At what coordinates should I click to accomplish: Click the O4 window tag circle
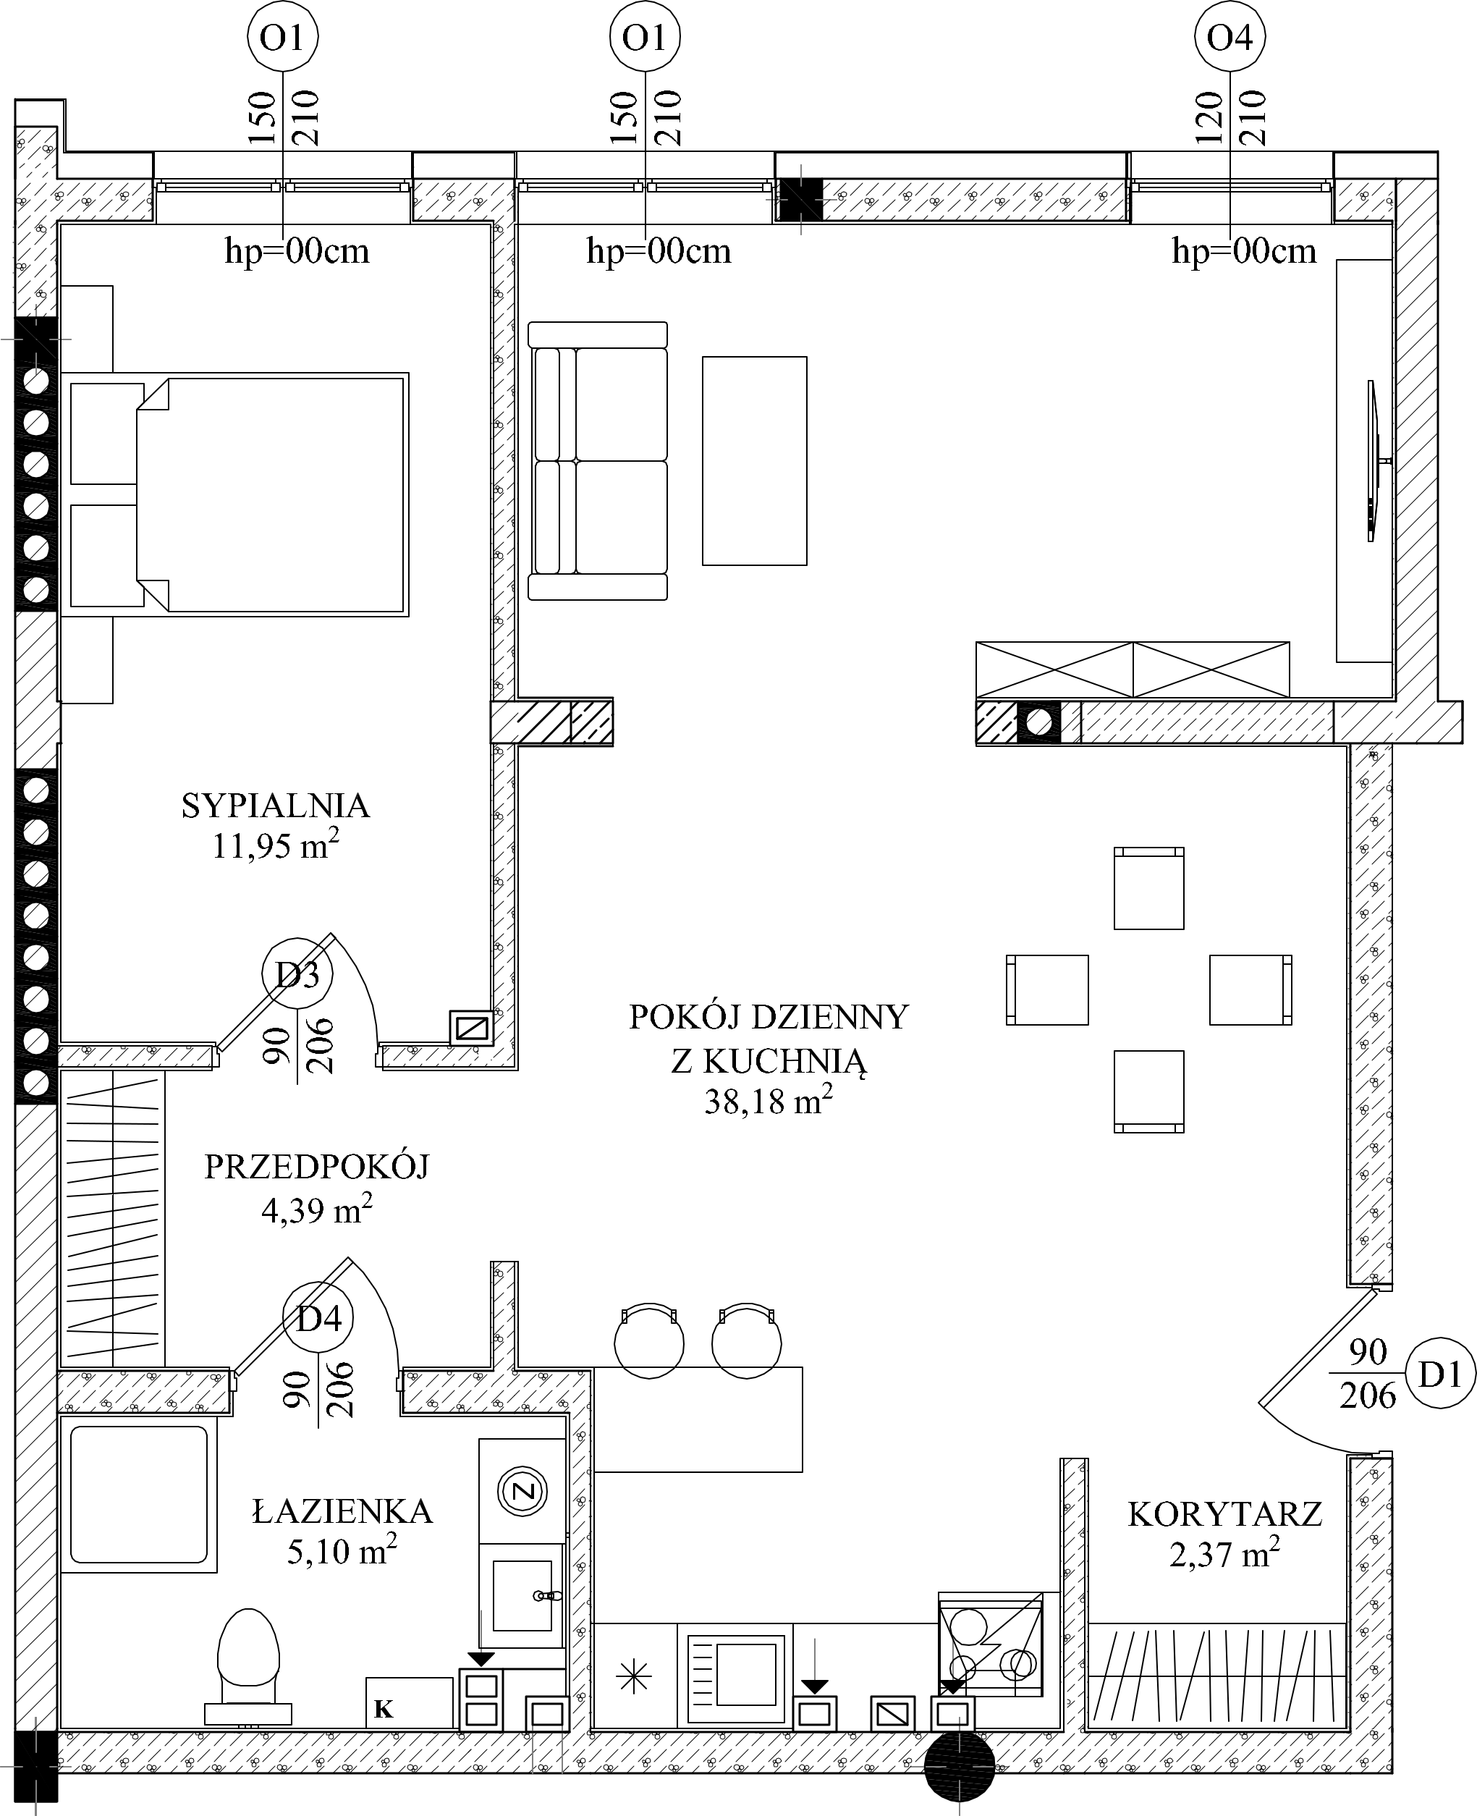coord(1230,37)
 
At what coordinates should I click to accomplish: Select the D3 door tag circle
coord(297,974)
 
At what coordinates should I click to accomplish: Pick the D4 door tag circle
coord(319,1318)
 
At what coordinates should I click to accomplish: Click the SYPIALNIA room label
coord(276,806)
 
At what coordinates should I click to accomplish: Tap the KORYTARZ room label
coord(1225,1515)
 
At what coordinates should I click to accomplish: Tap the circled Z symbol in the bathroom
coord(523,1491)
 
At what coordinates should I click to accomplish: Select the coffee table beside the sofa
coord(754,460)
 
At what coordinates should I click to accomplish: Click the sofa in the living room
coord(597,460)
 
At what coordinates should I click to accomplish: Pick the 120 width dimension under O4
coord(1208,117)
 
